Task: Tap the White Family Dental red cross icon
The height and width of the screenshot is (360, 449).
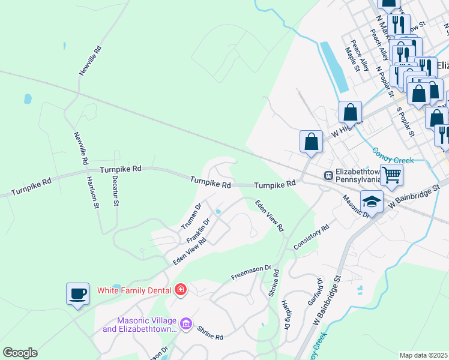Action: coord(181,291)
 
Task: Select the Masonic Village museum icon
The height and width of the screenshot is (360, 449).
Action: coord(185,325)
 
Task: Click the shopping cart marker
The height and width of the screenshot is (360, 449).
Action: coord(391,175)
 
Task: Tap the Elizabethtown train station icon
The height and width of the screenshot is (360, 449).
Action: coord(328,176)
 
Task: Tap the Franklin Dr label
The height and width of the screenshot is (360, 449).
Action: coord(199,230)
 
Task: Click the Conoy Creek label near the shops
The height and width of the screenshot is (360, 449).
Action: coord(393,156)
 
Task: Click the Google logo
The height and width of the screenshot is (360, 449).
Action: coord(20,353)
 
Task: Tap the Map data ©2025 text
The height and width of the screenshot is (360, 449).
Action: coord(422,355)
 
